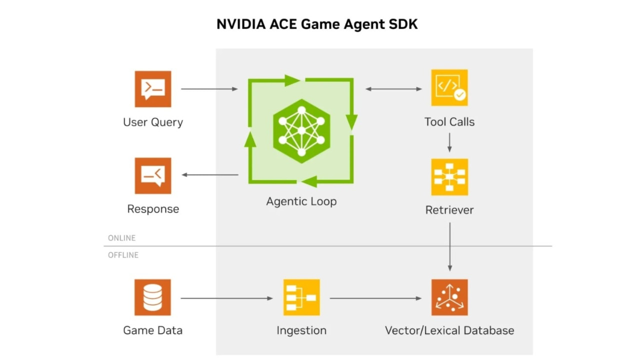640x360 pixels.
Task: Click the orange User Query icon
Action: coord(153,89)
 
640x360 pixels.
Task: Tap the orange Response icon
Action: coord(153,175)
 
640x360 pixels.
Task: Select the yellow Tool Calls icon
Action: coord(449,87)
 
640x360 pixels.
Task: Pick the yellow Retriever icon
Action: coord(449,177)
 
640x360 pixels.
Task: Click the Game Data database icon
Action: coord(152,297)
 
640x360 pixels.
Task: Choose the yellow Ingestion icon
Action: coord(301,297)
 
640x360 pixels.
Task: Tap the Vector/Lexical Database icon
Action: coord(449,297)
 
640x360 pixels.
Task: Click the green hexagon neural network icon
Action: coord(301,131)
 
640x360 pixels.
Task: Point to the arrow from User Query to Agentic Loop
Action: coord(209,89)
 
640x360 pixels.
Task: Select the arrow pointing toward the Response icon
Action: coord(210,174)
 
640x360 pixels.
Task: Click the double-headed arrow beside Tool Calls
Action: coord(393,89)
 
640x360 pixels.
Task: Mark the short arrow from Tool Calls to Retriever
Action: coord(449,142)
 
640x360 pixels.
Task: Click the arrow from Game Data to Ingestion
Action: coord(227,298)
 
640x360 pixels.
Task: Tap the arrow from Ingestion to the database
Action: coord(375,298)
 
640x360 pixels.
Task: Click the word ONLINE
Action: coord(121,238)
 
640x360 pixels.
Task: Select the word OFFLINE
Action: coord(123,255)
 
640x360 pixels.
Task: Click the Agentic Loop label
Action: coord(301,201)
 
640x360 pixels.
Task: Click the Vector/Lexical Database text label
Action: coord(449,330)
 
